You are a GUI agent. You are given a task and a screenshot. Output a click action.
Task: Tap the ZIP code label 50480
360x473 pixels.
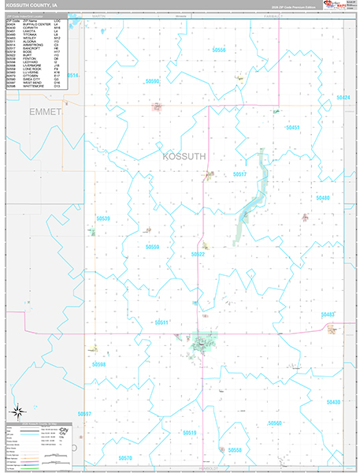pyautogui.click(x=323, y=198)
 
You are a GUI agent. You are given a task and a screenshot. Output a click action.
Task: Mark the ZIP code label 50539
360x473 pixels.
pyautogui.click(x=103, y=218)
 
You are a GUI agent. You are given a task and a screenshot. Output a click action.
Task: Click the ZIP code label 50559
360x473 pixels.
pyautogui.click(x=153, y=247)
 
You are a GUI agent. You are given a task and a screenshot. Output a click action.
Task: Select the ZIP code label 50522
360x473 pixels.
pyautogui.click(x=198, y=255)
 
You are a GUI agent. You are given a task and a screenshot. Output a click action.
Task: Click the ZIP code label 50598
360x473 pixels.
pyautogui.click(x=98, y=364)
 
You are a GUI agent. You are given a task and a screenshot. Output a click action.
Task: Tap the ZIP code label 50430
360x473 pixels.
pyautogui.click(x=333, y=402)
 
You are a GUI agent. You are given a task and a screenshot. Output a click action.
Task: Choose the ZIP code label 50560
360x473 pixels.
pyautogui.click(x=275, y=423)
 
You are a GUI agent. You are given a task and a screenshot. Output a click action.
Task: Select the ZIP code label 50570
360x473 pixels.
pyautogui.click(x=126, y=457)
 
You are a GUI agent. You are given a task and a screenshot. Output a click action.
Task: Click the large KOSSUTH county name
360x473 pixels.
pyautogui.click(x=184, y=156)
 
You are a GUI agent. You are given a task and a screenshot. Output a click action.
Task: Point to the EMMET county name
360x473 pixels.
pyautogui.click(x=45, y=112)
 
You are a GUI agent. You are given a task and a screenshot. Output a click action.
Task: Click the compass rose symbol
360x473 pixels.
pyautogui.click(x=17, y=411)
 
